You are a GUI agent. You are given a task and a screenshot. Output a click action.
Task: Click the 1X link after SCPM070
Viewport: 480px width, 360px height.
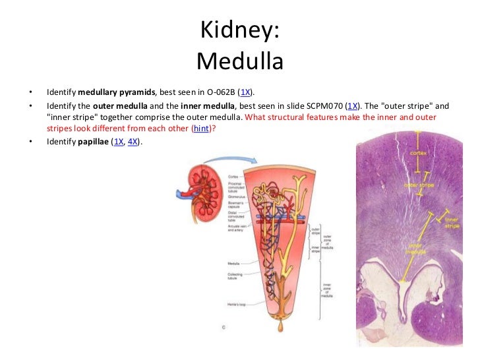tap(353, 105)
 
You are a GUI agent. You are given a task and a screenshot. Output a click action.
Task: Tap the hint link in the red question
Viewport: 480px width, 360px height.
tap(200, 129)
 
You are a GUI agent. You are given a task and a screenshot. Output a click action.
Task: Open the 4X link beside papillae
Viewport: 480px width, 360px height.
tap(134, 142)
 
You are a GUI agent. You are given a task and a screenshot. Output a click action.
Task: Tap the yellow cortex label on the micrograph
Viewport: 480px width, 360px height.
tap(418, 152)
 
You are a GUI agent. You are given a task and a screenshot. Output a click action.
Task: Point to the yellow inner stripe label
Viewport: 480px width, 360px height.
tap(452, 222)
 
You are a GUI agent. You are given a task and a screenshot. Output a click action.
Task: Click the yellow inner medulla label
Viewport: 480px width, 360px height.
tap(419, 249)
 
